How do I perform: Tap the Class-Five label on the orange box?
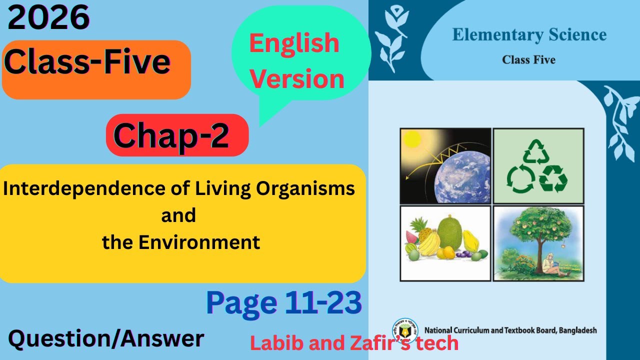[x=88, y=62]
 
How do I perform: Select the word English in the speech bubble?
[x=294, y=43]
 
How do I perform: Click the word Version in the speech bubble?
[x=297, y=79]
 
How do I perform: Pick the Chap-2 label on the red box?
[x=171, y=135]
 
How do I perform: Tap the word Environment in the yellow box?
[x=199, y=242]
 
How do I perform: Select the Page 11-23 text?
[x=283, y=302]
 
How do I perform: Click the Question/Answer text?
[x=106, y=339]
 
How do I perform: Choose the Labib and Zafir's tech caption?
[x=354, y=343]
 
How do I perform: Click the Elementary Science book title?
[x=529, y=35]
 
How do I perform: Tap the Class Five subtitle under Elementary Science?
[x=528, y=60]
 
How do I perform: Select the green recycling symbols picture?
[x=538, y=165]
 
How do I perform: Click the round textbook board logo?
[x=404, y=330]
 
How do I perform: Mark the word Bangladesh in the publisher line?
[x=577, y=330]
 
